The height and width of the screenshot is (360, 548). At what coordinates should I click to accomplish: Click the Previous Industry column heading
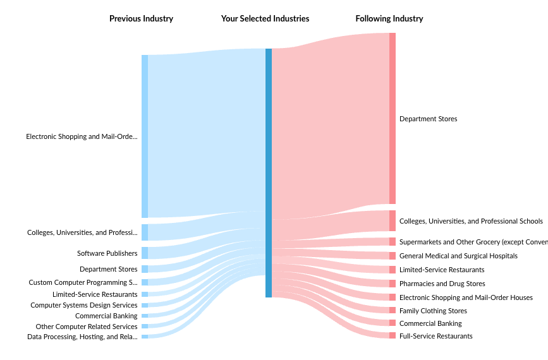141,19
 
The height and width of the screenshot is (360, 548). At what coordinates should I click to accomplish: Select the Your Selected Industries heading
265,19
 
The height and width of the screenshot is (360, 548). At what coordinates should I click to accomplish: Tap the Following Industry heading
389,19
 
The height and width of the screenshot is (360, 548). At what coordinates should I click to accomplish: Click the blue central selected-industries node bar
269,172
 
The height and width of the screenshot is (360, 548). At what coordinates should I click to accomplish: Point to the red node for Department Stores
393,118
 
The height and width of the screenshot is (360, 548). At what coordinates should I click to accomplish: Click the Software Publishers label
107,253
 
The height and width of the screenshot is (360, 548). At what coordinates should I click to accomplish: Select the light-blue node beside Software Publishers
145,253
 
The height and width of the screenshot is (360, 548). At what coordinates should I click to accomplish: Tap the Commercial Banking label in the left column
106,316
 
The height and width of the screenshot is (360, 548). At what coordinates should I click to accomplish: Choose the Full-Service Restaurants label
435,336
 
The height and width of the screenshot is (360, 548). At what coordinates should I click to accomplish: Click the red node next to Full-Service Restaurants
393,335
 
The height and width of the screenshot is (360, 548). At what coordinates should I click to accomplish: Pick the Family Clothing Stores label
433,311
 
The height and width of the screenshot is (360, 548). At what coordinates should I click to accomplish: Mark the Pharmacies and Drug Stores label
442,284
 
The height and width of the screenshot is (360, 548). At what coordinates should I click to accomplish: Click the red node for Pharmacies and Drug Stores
393,284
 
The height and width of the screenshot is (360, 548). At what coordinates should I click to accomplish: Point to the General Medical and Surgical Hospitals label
458,256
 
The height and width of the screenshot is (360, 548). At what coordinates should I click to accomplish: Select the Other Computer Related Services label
87,327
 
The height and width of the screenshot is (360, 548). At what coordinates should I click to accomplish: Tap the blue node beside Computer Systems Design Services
145,305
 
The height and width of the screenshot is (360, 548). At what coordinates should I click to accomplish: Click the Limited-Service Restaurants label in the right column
442,270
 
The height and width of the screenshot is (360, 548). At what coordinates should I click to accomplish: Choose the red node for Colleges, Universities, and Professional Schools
393,221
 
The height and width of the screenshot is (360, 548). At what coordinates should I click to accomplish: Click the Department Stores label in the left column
108,269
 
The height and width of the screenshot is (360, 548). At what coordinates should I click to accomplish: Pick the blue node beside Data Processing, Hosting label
145,337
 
